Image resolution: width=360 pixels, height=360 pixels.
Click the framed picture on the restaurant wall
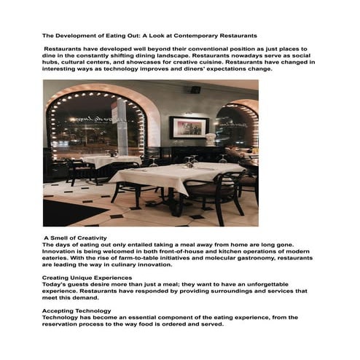tap(188, 128)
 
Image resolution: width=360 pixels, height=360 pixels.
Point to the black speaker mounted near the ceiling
tap(195, 89)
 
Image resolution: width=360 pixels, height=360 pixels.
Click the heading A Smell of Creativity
tap(75, 238)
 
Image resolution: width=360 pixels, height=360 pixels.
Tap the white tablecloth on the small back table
tap(109, 160)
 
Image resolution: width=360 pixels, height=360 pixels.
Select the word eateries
tap(59, 258)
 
